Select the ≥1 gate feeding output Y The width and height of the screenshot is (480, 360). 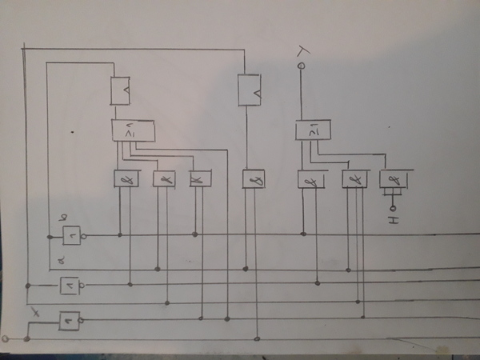point(313,129)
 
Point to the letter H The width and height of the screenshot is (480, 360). point(392,217)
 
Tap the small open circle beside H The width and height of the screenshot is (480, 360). point(392,206)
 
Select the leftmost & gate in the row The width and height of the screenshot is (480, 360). point(127,180)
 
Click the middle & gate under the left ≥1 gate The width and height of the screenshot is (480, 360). point(165,180)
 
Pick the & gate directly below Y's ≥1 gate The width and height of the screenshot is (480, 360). point(310,180)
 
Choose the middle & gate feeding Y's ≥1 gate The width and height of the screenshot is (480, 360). point(354,180)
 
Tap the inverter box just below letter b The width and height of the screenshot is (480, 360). point(74,235)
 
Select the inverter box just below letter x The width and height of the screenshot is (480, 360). point(70,320)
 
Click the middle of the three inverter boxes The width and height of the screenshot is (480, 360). point(70,284)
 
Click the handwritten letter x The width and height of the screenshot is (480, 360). point(34,309)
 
